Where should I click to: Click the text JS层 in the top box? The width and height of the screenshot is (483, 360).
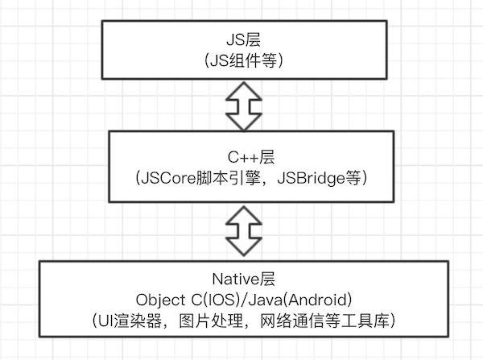(x=241, y=38)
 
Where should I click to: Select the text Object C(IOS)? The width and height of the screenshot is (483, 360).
(x=192, y=300)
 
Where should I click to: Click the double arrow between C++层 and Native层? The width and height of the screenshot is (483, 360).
(x=241, y=230)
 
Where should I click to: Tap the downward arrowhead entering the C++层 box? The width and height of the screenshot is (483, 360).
(x=241, y=122)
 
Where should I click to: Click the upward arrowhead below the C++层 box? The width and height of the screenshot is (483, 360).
(x=241, y=213)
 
